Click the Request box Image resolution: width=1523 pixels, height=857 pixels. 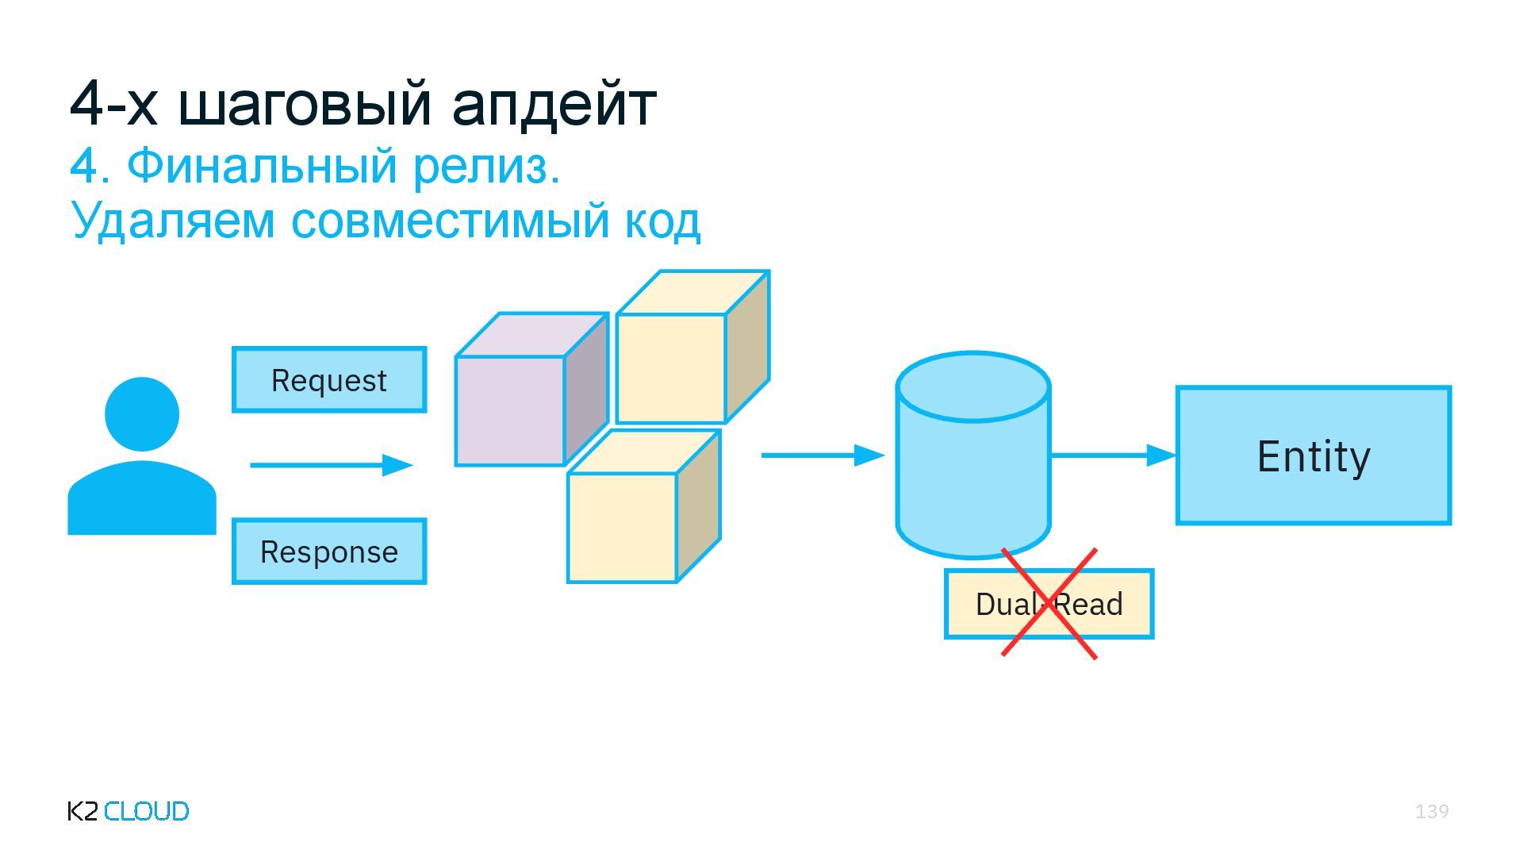point(329,380)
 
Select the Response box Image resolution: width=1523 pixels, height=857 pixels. point(329,551)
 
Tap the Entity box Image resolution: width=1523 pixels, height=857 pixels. point(1313,455)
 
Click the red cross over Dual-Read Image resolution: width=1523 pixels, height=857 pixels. point(1049,604)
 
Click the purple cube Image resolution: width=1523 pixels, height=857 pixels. point(511,409)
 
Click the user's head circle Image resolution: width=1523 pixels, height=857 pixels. point(142,413)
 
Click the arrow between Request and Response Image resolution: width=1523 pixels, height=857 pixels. point(331,465)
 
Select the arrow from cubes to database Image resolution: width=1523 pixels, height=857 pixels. point(822,455)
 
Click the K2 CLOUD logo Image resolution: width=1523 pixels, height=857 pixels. point(128,811)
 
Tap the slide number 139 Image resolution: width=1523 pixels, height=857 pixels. point(1432,811)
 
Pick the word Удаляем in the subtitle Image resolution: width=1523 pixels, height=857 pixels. point(173,221)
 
